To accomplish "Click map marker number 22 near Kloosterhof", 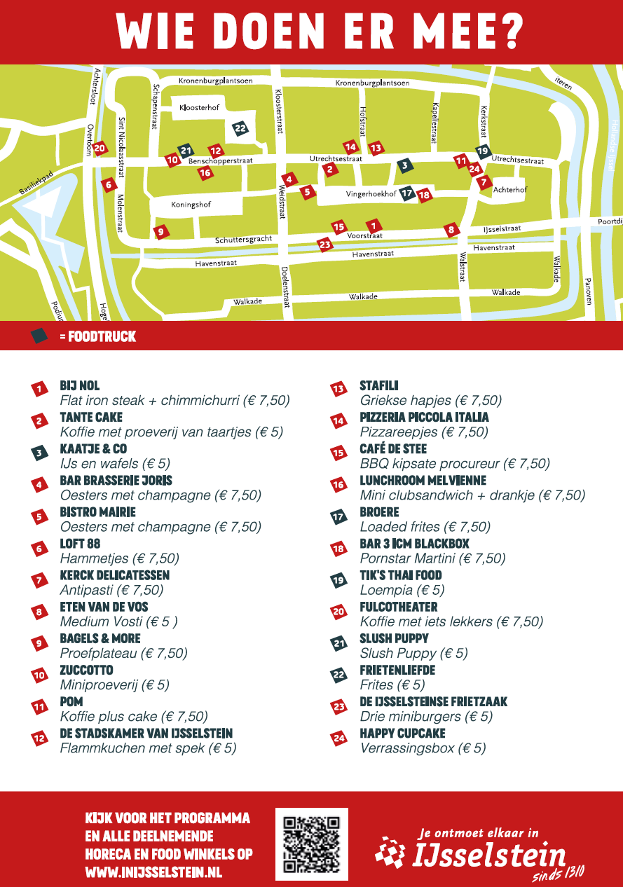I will coord(240,128).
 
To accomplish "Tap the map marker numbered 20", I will coord(100,148).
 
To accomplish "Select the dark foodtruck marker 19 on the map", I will coord(482,151).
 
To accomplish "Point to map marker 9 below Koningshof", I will coord(160,231).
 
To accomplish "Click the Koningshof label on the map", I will coord(191,205).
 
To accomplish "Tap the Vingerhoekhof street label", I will coord(371,194).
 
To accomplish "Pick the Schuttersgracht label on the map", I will coord(243,240).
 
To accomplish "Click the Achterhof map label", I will coord(509,190).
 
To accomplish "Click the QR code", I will coord(312,844).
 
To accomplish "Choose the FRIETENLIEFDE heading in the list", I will coord(397,671).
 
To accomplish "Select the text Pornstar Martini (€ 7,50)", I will coord(432,558).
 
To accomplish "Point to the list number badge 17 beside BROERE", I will coord(339,518).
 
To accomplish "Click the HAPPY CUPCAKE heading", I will coord(402,734).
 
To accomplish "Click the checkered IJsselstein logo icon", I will coord(390,851).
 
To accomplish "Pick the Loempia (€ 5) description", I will coord(402,590).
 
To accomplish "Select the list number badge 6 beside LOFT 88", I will coord(40,549).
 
